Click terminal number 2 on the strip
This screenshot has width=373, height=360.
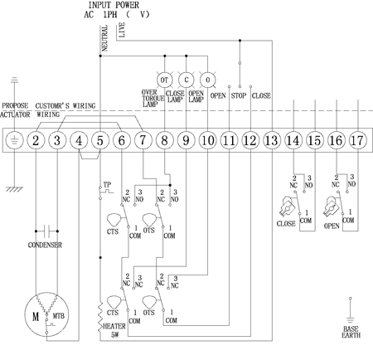pos(36,140)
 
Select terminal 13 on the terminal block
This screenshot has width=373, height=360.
pos(272,140)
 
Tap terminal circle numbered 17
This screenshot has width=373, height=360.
pos(358,140)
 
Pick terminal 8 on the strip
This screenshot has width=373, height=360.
pos(164,140)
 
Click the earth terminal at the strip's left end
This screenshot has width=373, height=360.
pos(14,140)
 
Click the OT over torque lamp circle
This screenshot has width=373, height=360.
pos(164,80)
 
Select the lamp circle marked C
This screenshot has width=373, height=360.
pos(186,80)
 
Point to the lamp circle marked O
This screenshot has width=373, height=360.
pos(207,80)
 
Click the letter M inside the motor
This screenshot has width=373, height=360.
pos(36,316)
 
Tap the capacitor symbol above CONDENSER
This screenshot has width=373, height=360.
pos(46,231)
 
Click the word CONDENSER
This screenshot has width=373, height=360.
pos(45,245)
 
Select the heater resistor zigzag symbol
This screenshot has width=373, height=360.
pos(100,317)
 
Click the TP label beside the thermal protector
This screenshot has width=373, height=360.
pos(107,184)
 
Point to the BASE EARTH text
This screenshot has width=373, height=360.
pos(351,332)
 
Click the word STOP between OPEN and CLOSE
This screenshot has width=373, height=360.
pos(239,95)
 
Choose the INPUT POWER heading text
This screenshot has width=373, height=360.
pos(114,5)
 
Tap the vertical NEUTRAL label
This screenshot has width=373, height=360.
pos(104,38)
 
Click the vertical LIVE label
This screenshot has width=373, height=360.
pos(122,30)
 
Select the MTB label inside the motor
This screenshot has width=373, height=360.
pos(59,315)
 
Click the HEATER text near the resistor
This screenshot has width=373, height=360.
pos(114,326)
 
